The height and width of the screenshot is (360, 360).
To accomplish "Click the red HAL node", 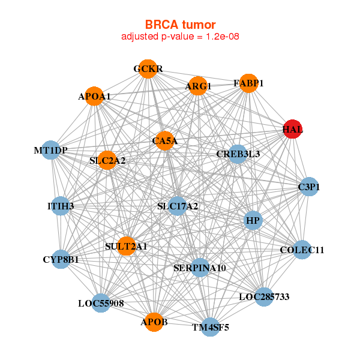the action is point(292,129).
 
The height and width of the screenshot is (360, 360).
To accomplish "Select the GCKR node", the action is point(148,68).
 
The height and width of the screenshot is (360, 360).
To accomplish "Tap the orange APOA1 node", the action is point(94,96).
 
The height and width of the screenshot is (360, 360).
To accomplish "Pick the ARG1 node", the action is point(197,86).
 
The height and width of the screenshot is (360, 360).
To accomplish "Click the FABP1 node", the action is point(248,83).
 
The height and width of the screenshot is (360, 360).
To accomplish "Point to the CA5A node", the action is point(164,141).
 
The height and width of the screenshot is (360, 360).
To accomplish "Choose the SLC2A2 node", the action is point(107,160).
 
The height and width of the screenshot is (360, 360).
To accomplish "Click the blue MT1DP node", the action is point(51,149).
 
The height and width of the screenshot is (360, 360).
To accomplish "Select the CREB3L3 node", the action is point(238,154).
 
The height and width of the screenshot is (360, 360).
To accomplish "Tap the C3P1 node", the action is point(308,187).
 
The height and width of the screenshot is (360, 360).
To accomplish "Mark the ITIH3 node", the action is point(60,206).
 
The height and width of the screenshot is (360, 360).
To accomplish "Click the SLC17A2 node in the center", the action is point(177,206).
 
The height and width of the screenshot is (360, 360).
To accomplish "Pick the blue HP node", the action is point(253,221).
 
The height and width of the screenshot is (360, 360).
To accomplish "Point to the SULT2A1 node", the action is point(126,246).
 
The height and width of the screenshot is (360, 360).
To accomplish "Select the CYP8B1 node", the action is point(61,259).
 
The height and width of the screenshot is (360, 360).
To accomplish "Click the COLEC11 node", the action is point(302,250).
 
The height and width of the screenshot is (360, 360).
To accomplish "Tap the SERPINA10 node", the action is point(200,267).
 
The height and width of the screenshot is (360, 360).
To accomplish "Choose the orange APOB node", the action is point(154,322).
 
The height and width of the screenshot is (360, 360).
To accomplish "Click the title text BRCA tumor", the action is point(180,25).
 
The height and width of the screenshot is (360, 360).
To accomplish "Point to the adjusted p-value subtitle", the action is point(180,37).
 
